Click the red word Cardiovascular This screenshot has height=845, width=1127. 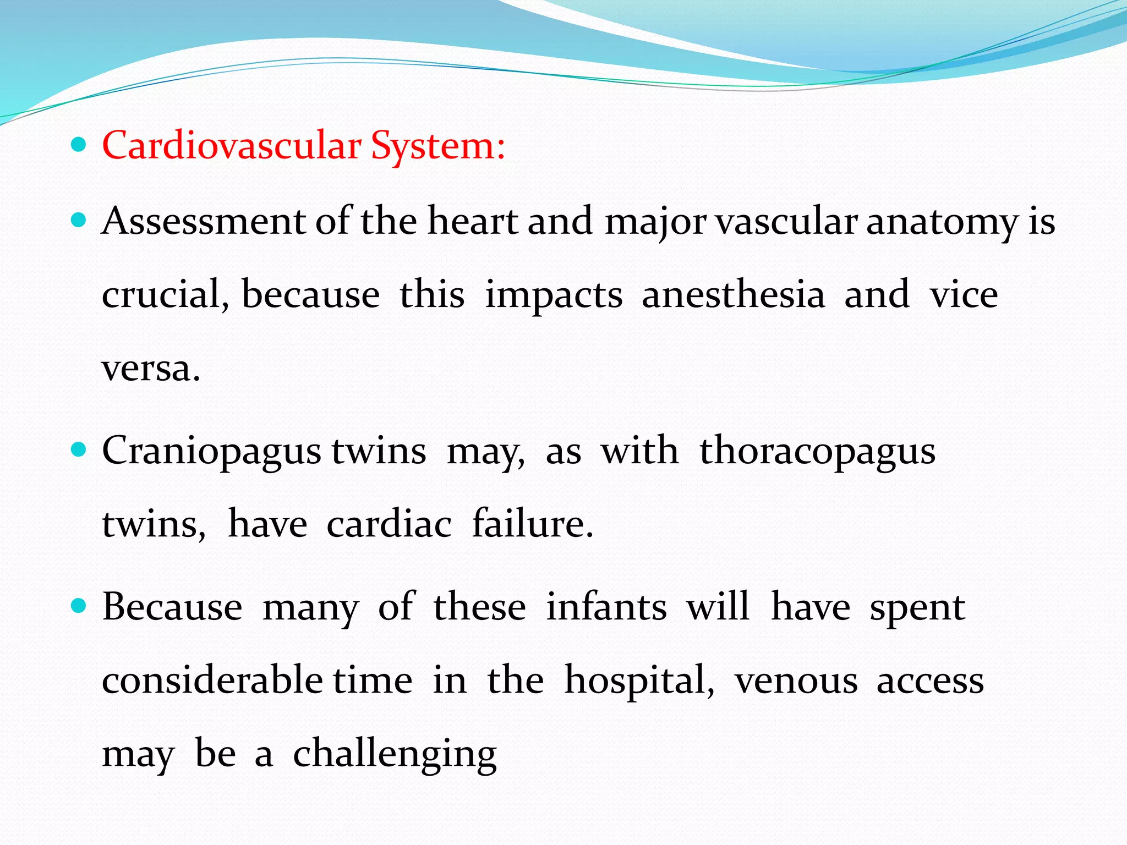pyautogui.click(x=231, y=146)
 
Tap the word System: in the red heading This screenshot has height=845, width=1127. pyautogui.click(x=437, y=146)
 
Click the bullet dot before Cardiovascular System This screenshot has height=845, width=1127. pyautogui.click(x=80, y=145)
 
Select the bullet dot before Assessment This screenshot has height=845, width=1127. pyautogui.click(x=80, y=221)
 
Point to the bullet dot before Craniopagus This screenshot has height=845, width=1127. pyautogui.click(x=80, y=451)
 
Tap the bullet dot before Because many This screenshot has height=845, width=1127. pyautogui.click(x=80, y=607)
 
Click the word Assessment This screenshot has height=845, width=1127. pyautogui.click(x=204, y=221)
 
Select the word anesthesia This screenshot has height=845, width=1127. pyautogui.click(x=733, y=295)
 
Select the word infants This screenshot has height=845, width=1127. pyautogui.click(x=606, y=607)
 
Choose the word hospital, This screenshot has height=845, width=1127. pyautogui.click(x=639, y=681)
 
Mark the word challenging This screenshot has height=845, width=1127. pyautogui.click(x=395, y=755)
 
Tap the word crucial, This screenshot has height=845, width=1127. pyautogui.click(x=165, y=295)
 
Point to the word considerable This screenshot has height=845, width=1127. pyautogui.click(x=212, y=681)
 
